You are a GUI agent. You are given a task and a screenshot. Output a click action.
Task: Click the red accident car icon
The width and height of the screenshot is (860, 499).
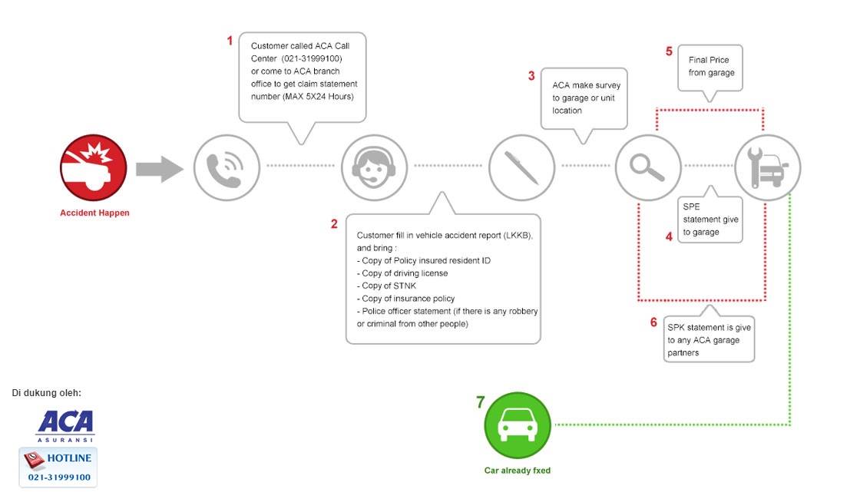point(93,168)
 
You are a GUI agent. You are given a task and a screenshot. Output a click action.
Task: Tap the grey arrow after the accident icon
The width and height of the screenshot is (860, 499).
point(160,169)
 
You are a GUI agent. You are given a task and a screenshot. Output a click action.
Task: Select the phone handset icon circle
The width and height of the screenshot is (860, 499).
point(227,168)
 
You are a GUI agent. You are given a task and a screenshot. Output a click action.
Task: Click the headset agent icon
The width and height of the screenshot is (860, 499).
point(374,168)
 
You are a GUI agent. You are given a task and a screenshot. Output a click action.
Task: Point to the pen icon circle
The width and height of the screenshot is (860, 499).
point(521,168)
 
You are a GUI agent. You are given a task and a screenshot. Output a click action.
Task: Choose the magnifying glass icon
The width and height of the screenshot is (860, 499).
point(648,168)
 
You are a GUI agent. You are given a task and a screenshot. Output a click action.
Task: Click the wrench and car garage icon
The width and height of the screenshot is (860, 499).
point(767,168)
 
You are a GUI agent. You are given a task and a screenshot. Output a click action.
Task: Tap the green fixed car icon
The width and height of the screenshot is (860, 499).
point(518,425)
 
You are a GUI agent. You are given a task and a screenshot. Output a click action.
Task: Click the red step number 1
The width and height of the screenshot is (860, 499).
point(230,41)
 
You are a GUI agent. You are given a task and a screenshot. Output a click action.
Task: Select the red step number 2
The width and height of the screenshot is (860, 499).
point(334,223)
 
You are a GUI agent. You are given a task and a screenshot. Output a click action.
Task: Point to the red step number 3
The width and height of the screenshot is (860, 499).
point(531,76)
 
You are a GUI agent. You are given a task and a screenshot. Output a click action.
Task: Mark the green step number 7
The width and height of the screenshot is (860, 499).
point(481,402)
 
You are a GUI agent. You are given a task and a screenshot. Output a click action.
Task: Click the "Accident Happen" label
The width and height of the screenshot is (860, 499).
point(95,213)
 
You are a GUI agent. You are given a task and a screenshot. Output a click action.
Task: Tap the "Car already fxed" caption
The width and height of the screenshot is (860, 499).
point(518,471)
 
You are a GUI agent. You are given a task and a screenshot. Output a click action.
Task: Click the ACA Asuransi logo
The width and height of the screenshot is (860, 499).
point(66,426)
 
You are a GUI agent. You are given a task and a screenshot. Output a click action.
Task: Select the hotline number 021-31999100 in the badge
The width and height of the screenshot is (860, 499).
point(59,477)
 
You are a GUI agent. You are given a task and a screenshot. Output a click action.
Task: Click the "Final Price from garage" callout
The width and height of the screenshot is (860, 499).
point(710,68)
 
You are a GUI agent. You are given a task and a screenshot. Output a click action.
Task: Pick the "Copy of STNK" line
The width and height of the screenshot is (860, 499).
point(387,286)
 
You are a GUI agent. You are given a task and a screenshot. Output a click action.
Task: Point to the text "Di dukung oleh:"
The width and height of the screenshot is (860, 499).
point(47,392)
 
